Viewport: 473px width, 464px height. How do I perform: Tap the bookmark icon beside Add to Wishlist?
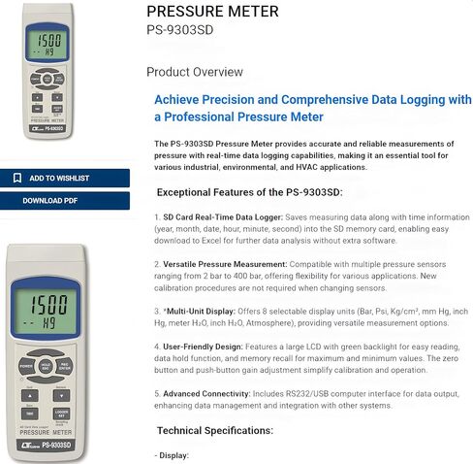tap(17, 179)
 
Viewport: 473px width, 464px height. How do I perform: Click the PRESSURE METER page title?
tap(212, 12)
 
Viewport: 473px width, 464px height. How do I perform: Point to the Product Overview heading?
tap(195, 72)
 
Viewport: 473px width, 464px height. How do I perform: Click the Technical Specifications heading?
tap(215, 430)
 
